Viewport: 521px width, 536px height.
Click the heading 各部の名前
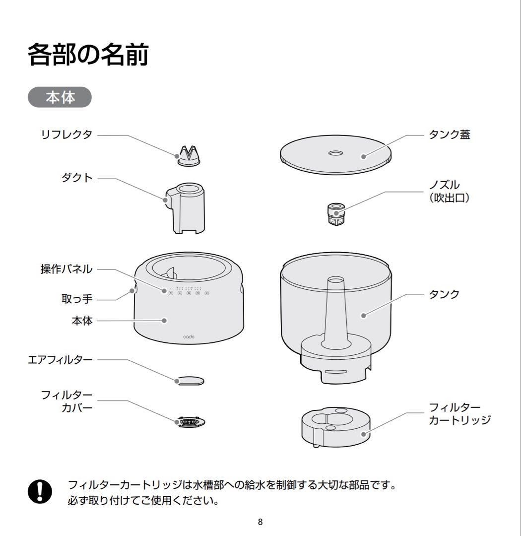point(88,55)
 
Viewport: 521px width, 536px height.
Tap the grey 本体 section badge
point(60,97)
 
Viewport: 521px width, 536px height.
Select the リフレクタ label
point(66,134)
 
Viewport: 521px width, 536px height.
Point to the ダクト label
point(77,178)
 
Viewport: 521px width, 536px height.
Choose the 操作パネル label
point(66,269)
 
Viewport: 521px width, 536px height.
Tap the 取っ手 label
point(77,300)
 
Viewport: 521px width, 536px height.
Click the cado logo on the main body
point(189,336)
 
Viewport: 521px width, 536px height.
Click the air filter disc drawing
point(190,380)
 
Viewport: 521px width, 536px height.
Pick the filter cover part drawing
point(190,422)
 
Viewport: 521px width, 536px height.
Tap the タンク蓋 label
point(449,134)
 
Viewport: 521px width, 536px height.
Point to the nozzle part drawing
point(336,214)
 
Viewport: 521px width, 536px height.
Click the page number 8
point(260,522)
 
